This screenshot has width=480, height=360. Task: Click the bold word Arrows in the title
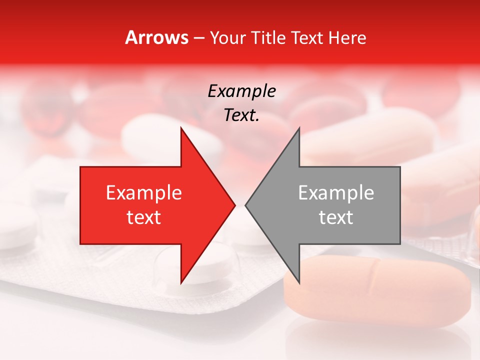157,37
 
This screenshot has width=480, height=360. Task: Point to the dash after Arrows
198,38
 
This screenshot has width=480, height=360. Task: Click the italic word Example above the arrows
241,91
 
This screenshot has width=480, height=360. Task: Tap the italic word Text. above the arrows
241,115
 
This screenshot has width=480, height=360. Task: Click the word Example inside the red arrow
144,193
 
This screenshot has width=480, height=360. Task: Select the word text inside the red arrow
144,217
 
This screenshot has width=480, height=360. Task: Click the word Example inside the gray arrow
336,193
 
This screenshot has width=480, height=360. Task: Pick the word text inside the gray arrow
336,217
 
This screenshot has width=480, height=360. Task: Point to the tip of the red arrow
235,205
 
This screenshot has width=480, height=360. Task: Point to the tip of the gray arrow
245,205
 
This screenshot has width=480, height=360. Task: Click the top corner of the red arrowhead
181,128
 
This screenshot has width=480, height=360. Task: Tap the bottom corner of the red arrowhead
181,283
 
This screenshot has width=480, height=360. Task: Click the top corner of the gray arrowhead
299,128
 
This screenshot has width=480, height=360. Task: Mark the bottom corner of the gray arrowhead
299,283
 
